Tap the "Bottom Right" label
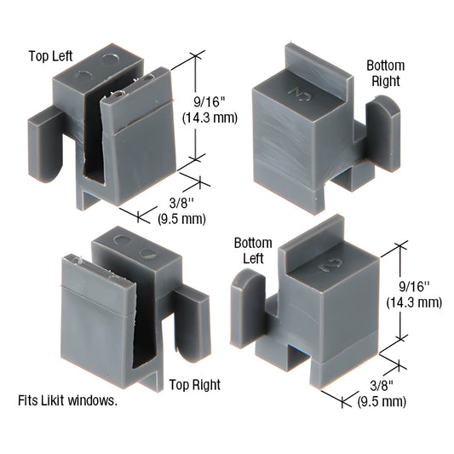coord(385,74)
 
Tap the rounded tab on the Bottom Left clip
coord(245,306)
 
